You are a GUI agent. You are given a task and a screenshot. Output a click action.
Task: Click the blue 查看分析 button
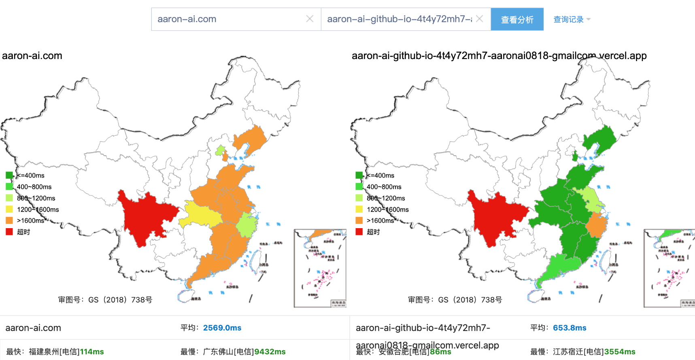(517, 19)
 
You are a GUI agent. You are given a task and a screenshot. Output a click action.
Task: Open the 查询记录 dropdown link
(571, 19)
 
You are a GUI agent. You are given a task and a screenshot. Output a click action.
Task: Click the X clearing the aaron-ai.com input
(310, 19)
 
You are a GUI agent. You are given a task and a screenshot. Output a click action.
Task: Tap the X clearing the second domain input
(480, 19)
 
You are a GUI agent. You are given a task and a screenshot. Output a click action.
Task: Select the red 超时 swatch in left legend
(9, 232)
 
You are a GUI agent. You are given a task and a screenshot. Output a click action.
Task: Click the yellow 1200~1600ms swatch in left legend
(9, 209)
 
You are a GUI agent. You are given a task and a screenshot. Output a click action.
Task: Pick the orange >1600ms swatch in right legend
(359, 220)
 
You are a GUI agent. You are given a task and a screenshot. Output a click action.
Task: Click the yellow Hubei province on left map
(200, 214)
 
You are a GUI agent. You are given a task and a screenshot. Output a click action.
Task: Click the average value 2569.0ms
(222, 328)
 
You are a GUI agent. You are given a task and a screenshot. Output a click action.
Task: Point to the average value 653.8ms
(570, 328)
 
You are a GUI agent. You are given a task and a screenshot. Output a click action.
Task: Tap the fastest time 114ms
(92, 352)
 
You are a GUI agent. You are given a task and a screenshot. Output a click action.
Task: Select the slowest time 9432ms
(270, 352)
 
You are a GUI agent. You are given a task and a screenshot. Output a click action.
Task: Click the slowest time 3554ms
(620, 352)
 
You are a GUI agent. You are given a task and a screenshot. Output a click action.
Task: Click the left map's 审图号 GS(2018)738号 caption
(105, 300)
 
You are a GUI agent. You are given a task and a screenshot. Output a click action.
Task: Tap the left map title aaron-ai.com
(32, 56)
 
